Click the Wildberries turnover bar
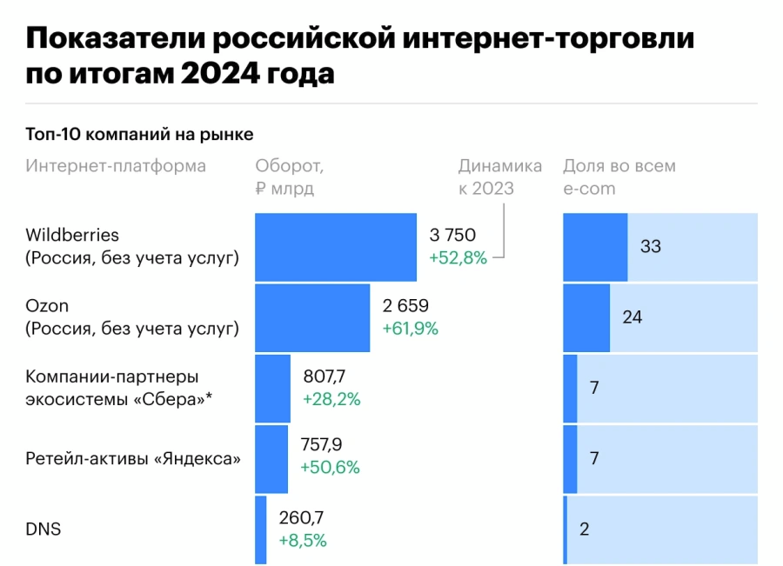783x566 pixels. pyautogui.click(x=335, y=247)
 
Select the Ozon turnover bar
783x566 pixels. pyautogui.click(x=311, y=318)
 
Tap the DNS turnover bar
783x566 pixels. pyautogui.click(x=261, y=529)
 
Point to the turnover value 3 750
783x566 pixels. pyautogui.click(x=452, y=235)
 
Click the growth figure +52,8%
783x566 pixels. pyautogui.click(x=458, y=257)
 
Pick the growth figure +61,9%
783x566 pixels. pyautogui.click(x=411, y=329)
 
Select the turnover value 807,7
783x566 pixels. pyautogui.click(x=325, y=377)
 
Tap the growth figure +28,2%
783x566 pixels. pyautogui.click(x=331, y=400)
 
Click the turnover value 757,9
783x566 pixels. pyautogui.click(x=321, y=445)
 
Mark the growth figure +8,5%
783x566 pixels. pyautogui.click(x=303, y=541)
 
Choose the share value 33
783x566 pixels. pyautogui.click(x=651, y=247)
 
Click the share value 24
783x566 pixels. pyautogui.click(x=632, y=318)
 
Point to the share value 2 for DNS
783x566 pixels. pyautogui.click(x=584, y=529)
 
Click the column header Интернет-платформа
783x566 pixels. pyautogui.click(x=116, y=166)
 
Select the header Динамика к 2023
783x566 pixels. pyautogui.click(x=499, y=176)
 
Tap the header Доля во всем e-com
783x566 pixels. pyautogui.click(x=619, y=176)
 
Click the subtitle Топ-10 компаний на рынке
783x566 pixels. pyautogui.click(x=140, y=135)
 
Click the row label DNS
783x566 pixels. pyautogui.click(x=43, y=529)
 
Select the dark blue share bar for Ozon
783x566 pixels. pyautogui.click(x=586, y=318)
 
